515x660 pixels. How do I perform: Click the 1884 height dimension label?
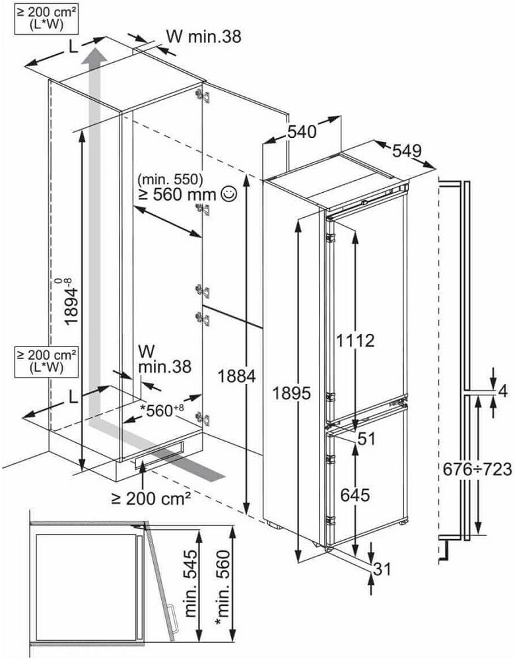pyautogui.click(x=236, y=376)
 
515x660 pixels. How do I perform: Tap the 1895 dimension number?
pyautogui.click(x=291, y=393)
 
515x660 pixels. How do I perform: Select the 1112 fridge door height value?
pyautogui.click(x=355, y=340)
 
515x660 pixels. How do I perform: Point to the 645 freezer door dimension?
pyautogui.click(x=355, y=495)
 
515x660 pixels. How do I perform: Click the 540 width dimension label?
pyautogui.click(x=302, y=132)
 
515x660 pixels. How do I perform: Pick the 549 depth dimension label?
pyautogui.click(x=407, y=150)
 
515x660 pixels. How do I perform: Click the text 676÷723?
pyautogui.click(x=477, y=469)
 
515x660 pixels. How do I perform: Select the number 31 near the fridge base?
pyautogui.click(x=382, y=570)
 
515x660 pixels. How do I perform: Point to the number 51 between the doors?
pyautogui.click(x=366, y=439)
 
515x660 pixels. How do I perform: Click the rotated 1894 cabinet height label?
pyautogui.click(x=71, y=300)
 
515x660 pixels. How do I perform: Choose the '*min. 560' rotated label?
pyautogui.click(x=223, y=580)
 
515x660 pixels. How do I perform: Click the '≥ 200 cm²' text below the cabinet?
pyautogui.click(x=151, y=499)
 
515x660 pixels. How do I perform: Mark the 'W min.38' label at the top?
pyautogui.click(x=204, y=36)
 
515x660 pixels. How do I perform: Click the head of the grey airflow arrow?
pyautogui.click(x=94, y=55)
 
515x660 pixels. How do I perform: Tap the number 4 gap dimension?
pyautogui.click(x=502, y=391)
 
